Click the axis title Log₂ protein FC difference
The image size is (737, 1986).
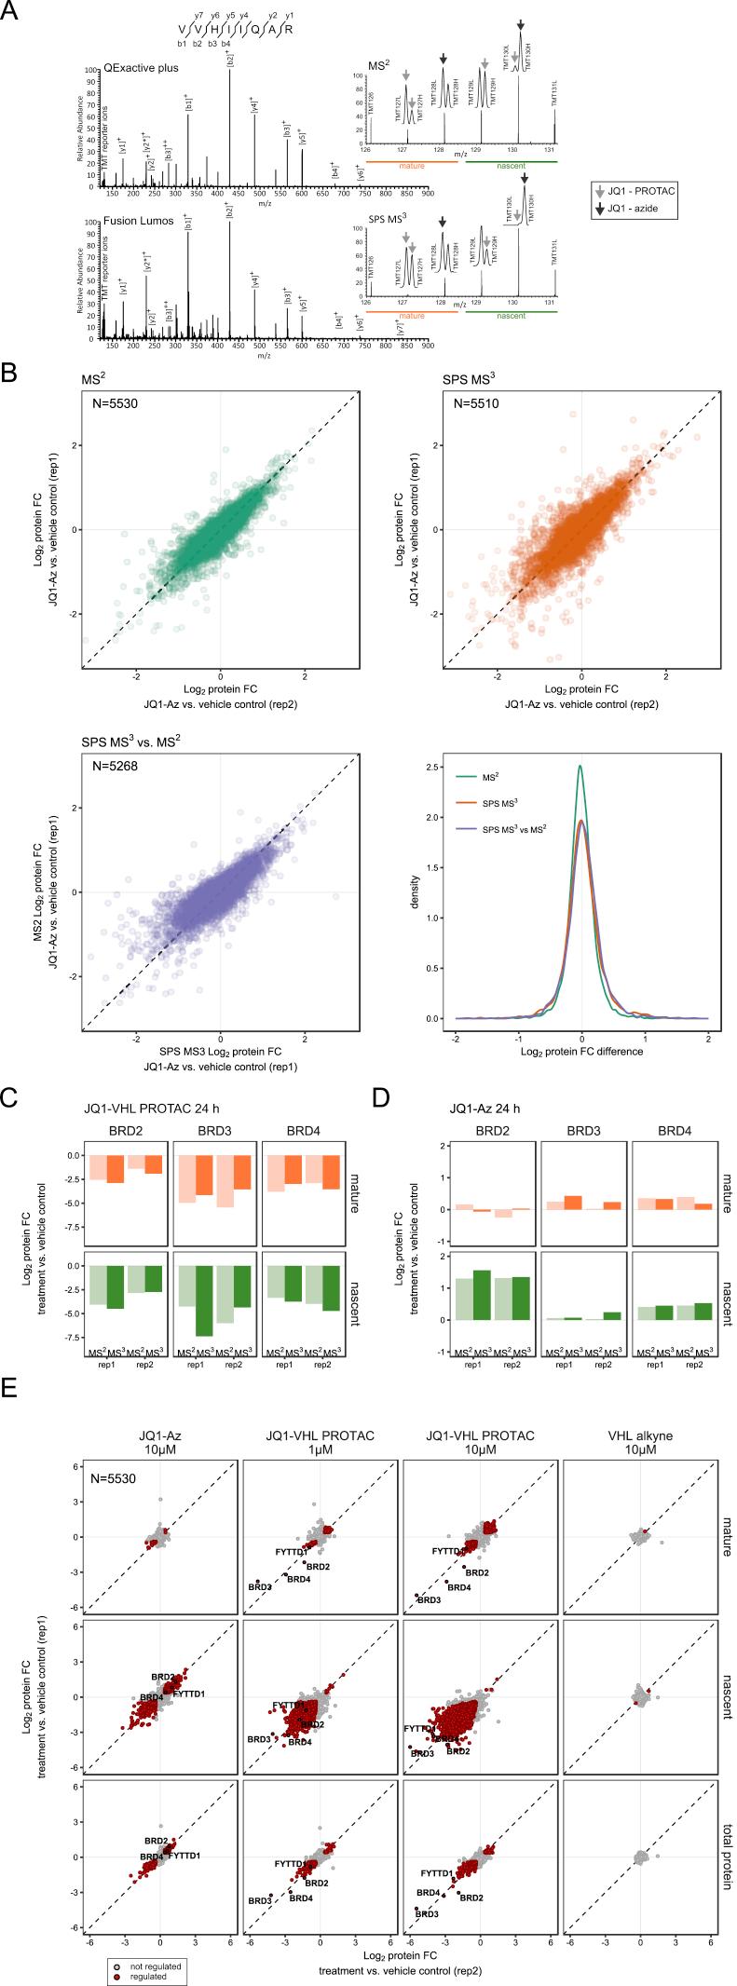point(581,1052)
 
